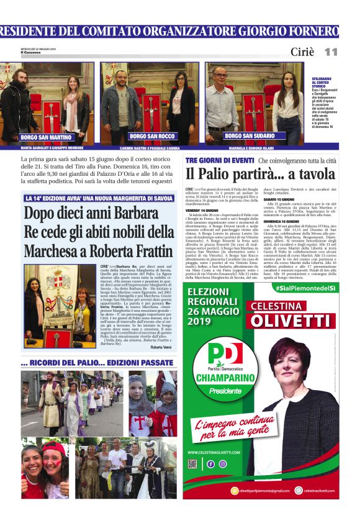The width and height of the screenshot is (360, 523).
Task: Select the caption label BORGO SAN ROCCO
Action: coord(151,136)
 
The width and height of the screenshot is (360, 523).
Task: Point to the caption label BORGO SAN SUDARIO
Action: coord(250,135)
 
